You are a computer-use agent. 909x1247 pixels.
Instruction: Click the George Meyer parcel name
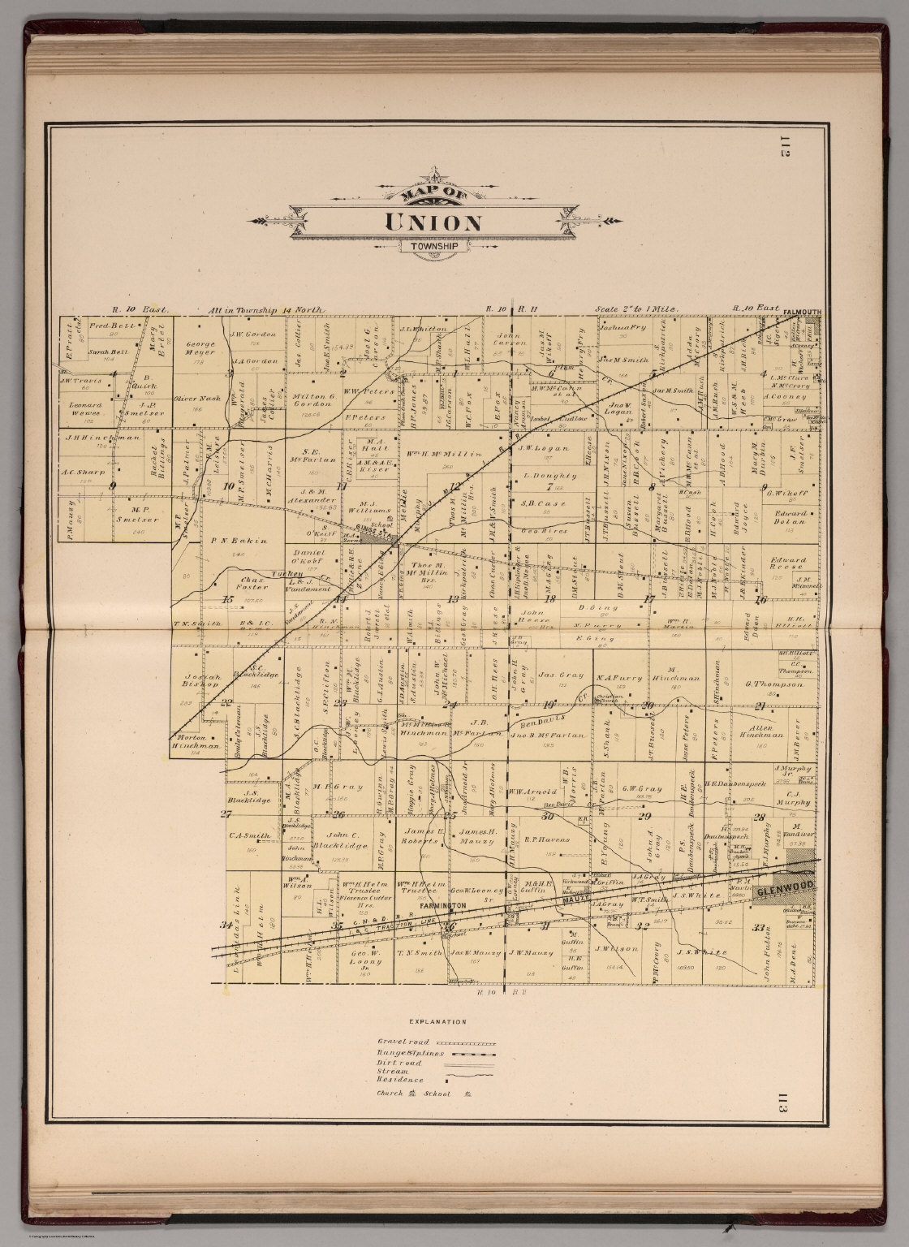point(194,347)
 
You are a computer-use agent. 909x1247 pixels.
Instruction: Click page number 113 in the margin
point(783,1107)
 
